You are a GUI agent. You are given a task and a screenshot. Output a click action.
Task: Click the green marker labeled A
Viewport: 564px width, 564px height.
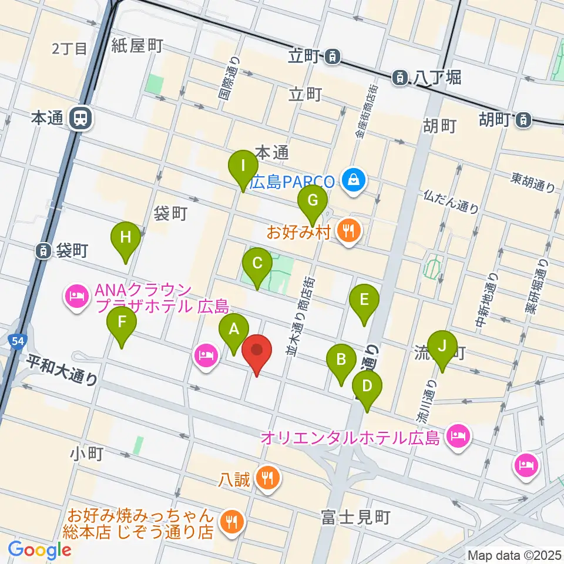(x=234, y=331)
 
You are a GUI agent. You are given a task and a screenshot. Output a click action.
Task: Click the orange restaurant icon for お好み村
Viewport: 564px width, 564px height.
(x=350, y=231)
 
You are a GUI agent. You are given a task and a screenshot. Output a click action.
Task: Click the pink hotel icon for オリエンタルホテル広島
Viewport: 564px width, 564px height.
(x=456, y=437)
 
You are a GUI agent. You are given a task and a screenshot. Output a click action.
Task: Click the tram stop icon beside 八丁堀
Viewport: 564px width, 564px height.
(x=400, y=76)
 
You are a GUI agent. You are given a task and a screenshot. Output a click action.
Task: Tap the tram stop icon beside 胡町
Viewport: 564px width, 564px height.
(x=522, y=120)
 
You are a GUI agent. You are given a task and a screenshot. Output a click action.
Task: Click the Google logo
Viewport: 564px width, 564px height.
(x=39, y=550)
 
